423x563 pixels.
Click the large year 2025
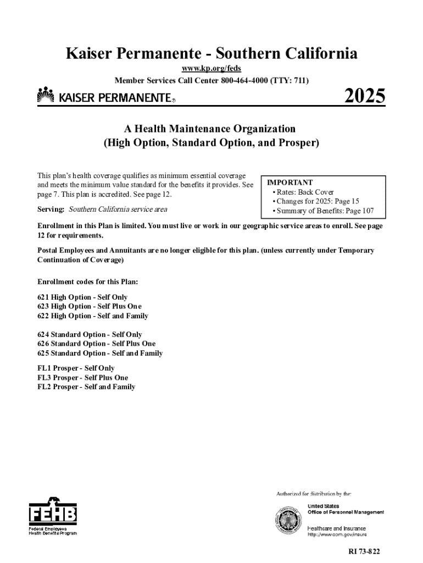point(365,97)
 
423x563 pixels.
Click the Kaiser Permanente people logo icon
point(46,96)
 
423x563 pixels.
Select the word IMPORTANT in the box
point(290,183)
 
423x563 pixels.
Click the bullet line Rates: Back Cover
point(303,192)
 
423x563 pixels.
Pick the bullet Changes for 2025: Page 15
point(315,202)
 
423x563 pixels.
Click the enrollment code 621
point(43,297)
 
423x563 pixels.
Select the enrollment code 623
point(43,307)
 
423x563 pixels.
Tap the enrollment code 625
point(43,354)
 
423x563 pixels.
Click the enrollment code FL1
point(44,368)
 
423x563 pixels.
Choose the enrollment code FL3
point(44,378)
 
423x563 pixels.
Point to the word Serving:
point(51,209)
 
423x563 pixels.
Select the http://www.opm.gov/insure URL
point(337,534)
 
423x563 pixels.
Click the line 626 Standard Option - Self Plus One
point(96,344)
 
